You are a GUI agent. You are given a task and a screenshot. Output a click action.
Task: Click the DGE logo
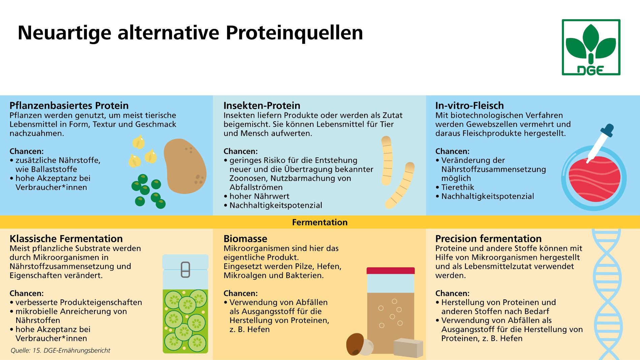pos(591,47)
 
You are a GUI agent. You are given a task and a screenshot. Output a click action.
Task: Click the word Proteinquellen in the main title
pos(294,33)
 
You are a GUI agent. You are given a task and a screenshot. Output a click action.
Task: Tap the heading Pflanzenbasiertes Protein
pos(69,105)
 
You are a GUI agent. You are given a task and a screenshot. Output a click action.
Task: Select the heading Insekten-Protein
pos(262,105)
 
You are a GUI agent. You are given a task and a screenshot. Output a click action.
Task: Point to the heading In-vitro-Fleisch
pos(470,105)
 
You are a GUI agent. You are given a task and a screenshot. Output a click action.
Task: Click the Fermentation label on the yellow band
pos(320,222)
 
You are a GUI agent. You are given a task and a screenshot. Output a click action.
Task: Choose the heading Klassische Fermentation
pos(66,238)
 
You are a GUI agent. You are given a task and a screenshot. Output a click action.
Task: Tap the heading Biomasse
pos(245,238)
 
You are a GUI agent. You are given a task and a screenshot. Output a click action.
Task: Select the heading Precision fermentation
pos(488,238)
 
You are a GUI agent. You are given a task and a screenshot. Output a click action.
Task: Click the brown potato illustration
pos(185,166)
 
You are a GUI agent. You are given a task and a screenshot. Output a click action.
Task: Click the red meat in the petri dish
pos(594,178)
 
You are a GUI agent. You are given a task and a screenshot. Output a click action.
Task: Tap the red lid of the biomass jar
pos(390,270)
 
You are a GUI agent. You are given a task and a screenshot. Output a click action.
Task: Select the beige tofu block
pos(408,348)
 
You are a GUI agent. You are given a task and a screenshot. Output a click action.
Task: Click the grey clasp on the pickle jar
pos(186,269)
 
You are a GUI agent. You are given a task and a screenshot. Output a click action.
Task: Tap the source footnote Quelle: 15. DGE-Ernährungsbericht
pos(60,351)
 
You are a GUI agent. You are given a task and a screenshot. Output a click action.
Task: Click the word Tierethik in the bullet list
pos(457,187)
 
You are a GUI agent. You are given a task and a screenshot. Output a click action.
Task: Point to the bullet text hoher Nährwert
pos(259,196)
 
